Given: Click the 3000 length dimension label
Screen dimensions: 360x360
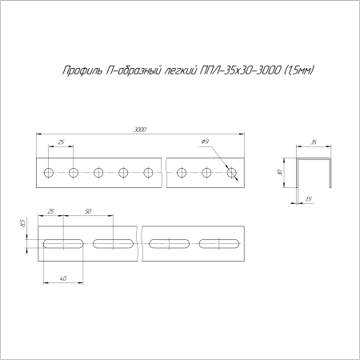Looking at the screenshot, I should (140, 130).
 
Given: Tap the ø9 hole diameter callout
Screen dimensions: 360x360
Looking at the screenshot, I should (205, 142).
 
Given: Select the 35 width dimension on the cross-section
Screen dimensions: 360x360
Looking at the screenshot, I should (314, 142).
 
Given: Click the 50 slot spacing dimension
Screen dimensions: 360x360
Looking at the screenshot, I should (88, 211).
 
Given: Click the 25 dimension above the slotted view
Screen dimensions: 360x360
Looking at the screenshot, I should (52, 211).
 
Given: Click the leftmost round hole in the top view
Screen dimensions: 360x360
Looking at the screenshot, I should (49, 172).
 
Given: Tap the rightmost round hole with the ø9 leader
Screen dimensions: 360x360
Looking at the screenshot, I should (232, 172).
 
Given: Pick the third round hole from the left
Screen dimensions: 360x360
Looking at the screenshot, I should (98, 172).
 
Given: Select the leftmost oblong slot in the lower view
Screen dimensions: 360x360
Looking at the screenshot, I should (62, 243).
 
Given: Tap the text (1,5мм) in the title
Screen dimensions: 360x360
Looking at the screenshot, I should (298, 70).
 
